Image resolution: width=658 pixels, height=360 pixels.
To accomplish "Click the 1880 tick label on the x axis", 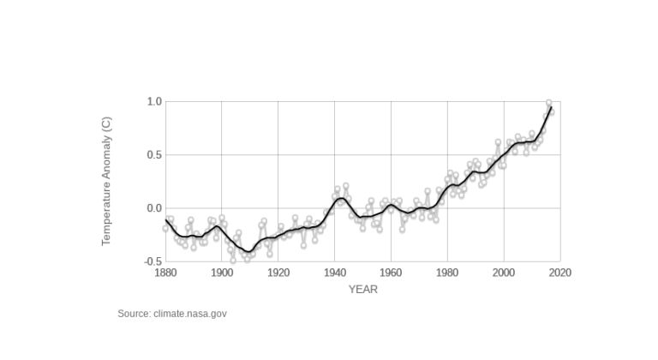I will tap(165, 273).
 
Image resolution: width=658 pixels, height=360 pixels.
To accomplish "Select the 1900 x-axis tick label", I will tap(222, 273).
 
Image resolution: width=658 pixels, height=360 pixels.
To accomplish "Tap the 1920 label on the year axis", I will tap(278, 273).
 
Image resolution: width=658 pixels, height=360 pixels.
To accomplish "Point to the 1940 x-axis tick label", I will tap(335, 273).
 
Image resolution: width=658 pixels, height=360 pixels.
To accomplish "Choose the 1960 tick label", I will tap(391, 273).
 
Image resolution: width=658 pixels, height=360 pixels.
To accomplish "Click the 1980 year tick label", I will tap(447, 273).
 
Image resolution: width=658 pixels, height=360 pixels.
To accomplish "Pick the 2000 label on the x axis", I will tap(504, 273).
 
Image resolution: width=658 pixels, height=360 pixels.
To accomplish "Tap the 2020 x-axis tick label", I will tap(560, 273).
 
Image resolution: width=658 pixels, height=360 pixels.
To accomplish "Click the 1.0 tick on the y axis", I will tap(154, 102).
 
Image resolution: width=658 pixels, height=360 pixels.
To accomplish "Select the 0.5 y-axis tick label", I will tap(154, 155).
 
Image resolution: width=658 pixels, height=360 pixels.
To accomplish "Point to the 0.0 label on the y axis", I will tap(154, 208).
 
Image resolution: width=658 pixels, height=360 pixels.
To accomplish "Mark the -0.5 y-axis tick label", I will tap(153, 261).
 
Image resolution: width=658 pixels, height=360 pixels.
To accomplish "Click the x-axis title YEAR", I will tap(362, 290).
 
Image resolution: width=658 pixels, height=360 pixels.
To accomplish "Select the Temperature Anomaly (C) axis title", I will tap(107, 181).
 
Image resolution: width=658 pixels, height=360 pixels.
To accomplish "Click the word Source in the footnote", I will tap(134, 314).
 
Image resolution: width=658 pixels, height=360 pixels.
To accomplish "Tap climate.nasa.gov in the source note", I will tap(190, 314).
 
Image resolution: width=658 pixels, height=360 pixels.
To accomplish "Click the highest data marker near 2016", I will tap(549, 103).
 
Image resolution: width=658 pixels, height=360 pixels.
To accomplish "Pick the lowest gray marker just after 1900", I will tap(233, 260).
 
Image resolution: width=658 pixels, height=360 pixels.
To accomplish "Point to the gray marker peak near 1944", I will tap(346, 186).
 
